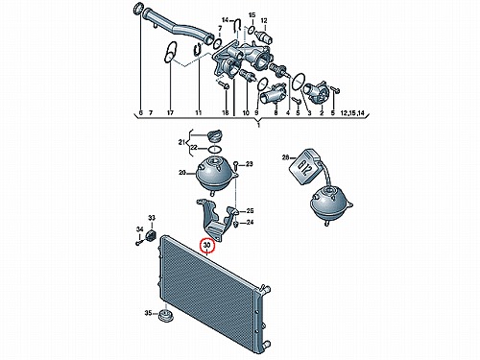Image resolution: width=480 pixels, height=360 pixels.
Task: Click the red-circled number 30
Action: (x=207, y=245)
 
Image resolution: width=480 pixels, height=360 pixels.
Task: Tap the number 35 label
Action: (x=148, y=313)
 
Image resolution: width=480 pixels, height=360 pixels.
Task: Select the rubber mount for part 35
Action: (x=167, y=316)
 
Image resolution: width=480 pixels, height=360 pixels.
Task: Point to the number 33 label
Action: (x=152, y=218)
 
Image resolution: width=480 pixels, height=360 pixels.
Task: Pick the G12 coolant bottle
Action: (x=306, y=166)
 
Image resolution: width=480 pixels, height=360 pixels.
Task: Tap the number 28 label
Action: (x=285, y=157)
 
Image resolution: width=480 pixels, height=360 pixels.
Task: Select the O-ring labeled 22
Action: (x=214, y=149)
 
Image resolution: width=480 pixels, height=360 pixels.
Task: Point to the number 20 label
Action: (x=182, y=173)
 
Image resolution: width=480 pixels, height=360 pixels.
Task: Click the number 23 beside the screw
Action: (x=250, y=164)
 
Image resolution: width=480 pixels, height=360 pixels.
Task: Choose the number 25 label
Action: (x=250, y=211)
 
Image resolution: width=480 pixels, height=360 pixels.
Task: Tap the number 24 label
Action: (x=250, y=222)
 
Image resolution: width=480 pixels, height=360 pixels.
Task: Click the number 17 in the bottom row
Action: (x=170, y=112)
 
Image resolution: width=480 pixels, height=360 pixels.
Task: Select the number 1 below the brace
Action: (x=258, y=125)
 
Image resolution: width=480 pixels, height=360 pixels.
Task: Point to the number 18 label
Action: (x=226, y=112)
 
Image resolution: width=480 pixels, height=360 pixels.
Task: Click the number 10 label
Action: (x=246, y=112)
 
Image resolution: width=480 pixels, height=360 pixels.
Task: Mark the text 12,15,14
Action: (x=352, y=112)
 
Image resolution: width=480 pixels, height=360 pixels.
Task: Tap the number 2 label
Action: (x=322, y=112)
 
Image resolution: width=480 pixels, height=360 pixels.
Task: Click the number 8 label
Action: (x=276, y=112)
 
